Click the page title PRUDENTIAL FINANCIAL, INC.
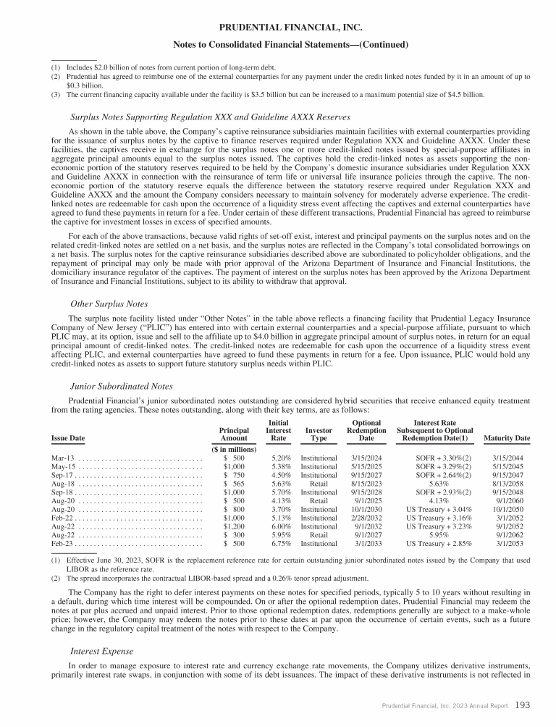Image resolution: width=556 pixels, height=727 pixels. (x=277, y=28)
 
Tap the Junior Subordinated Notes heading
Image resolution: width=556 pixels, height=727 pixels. (x=120, y=386)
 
